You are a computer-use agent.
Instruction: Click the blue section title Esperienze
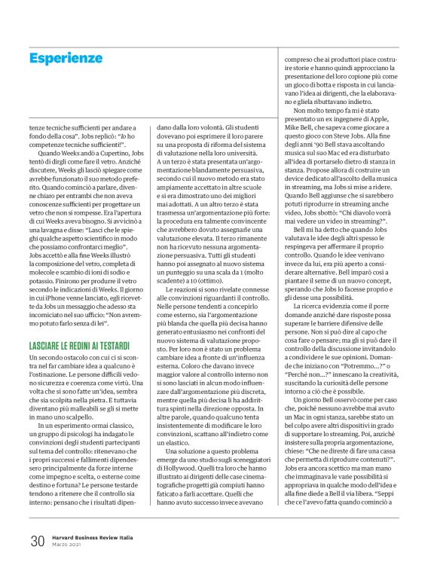tap(76, 58)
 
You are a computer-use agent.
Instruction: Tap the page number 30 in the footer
tap(38, 540)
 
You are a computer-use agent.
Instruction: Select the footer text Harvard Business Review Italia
tap(93, 536)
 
